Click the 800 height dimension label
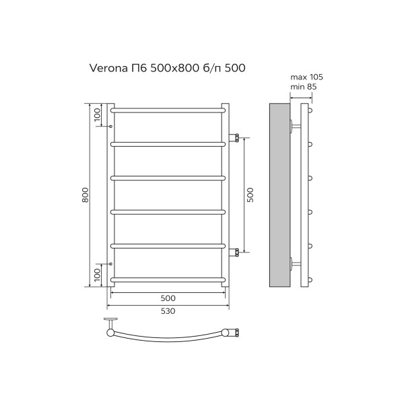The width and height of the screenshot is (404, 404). click(86, 195)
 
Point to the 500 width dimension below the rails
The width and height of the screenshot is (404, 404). click(168, 298)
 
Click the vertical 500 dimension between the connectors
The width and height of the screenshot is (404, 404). click(250, 195)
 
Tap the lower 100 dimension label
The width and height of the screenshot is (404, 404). click(97, 275)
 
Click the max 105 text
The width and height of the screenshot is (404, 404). click(303, 77)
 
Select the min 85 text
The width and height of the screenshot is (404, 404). click(303, 87)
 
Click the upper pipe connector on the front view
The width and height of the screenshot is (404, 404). click(236, 138)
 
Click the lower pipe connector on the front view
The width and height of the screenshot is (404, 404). click(236, 252)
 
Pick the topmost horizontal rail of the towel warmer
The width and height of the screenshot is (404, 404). click(167, 108)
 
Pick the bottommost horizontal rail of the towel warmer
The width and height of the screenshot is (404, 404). click(167, 278)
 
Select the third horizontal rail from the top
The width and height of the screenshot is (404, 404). click(167, 178)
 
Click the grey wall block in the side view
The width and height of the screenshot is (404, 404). click(278, 195)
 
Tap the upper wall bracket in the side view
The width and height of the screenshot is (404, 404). click(294, 125)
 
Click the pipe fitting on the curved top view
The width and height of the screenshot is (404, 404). click(233, 331)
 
